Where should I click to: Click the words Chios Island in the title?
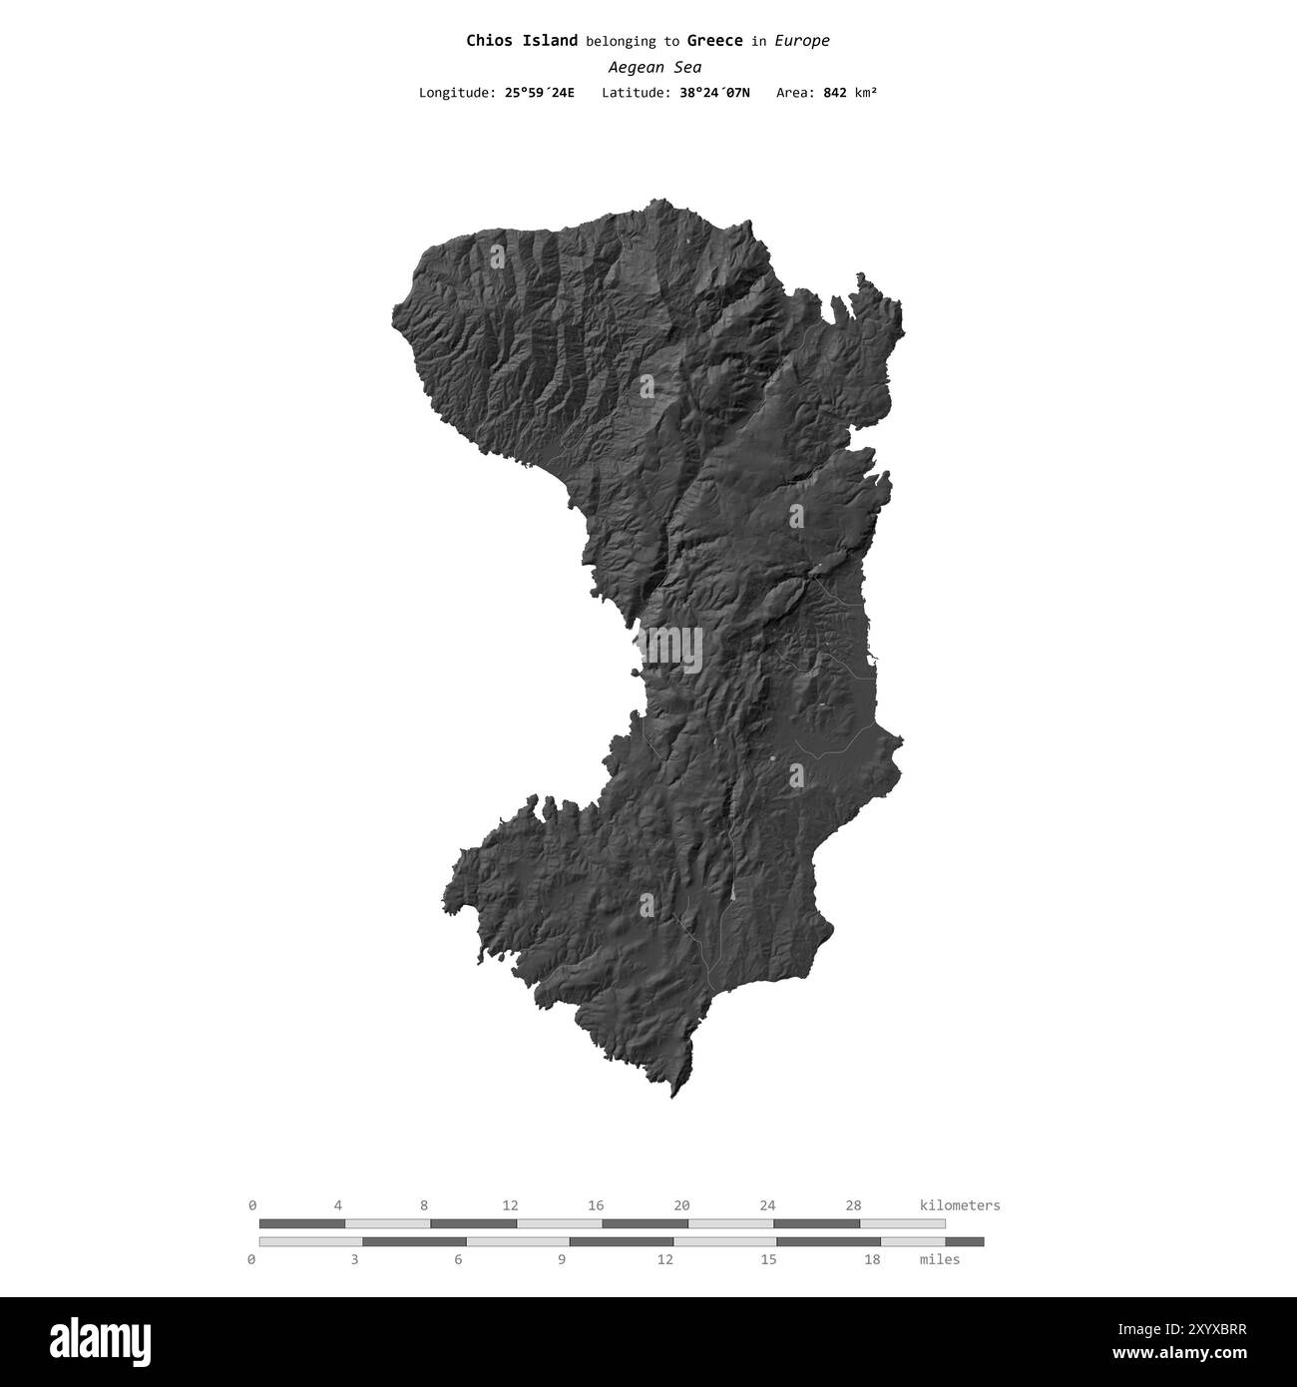pyautogui.click(x=522, y=41)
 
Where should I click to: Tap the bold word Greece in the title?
pyautogui.click(x=714, y=41)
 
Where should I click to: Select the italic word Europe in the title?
pyautogui.click(x=802, y=41)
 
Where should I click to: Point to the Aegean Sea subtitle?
pyautogui.click(x=654, y=68)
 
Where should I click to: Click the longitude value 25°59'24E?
pyautogui.click(x=539, y=93)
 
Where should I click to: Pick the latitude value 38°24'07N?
pyautogui.click(x=714, y=93)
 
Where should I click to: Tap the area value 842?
pyautogui.click(x=835, y=93)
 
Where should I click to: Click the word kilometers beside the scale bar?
pyautogui.click(x=959, y=1205)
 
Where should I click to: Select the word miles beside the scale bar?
pyautogui.click(x=939, y=1259)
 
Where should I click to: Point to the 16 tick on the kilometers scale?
pyautogui.click(x=596, y=1205)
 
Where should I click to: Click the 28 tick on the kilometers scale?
pyautogui.click(x=853, y=1205)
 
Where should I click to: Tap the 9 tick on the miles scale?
pyautogui.click(x=562, y=1259)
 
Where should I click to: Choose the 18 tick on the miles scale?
pyautogui.click(x=872, y=1259)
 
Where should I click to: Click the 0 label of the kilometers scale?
pyautogui.click(x=252, y=1205)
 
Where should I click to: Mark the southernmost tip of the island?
pyautogui.click(x=672, y=1097)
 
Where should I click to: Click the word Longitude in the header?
pyautogui.click(x=455, y=93)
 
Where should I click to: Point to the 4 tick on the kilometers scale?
pyautogui.click(x=338, y=1205)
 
